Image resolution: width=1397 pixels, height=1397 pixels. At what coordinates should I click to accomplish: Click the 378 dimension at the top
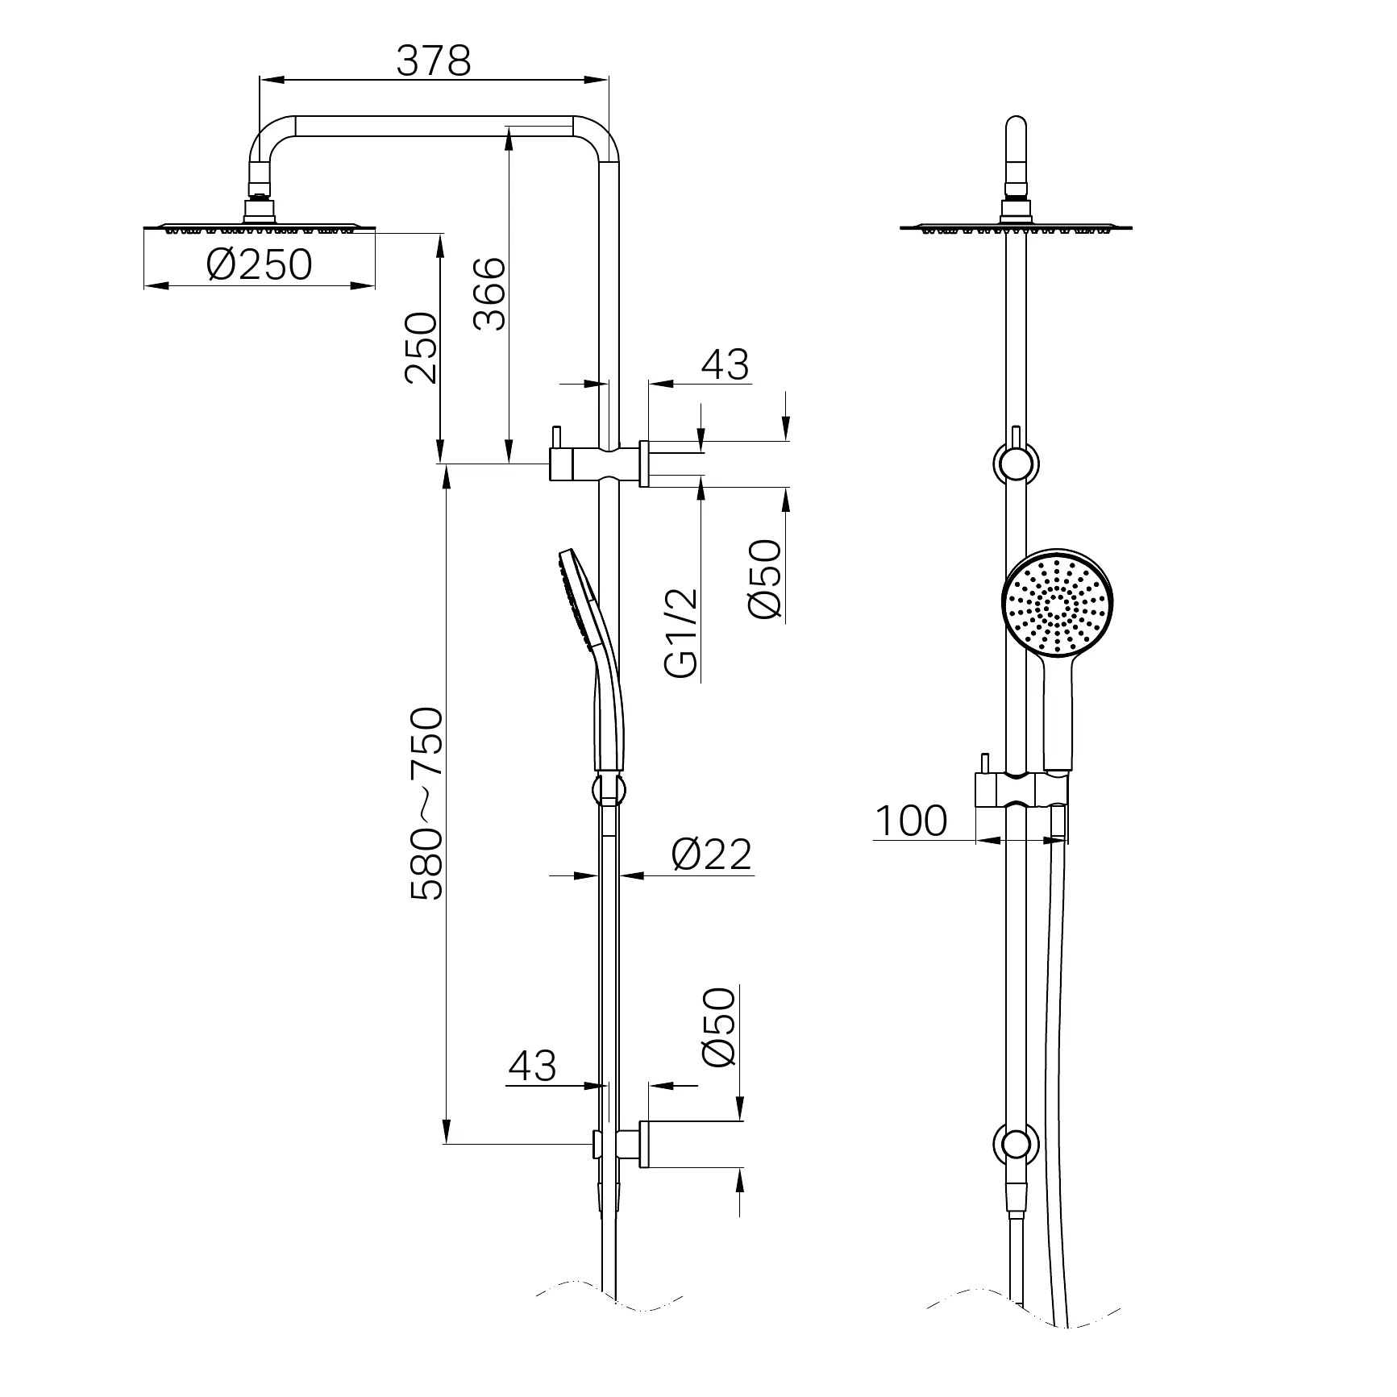coord(433,60)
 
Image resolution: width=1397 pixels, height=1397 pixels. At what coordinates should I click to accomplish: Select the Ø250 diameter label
coord(259,264)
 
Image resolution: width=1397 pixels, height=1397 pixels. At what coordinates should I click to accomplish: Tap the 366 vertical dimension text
coord(489,293)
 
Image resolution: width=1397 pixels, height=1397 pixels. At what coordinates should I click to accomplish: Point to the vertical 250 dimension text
coord(421,348)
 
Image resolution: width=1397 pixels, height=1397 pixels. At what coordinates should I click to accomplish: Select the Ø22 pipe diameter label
coord(711,854)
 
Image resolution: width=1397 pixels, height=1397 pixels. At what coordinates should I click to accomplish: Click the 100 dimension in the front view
coord(911,821)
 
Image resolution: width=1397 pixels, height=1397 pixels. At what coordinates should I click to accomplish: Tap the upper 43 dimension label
coord(725,364)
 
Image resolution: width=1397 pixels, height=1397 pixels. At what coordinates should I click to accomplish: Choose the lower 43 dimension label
coord(532,1066)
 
